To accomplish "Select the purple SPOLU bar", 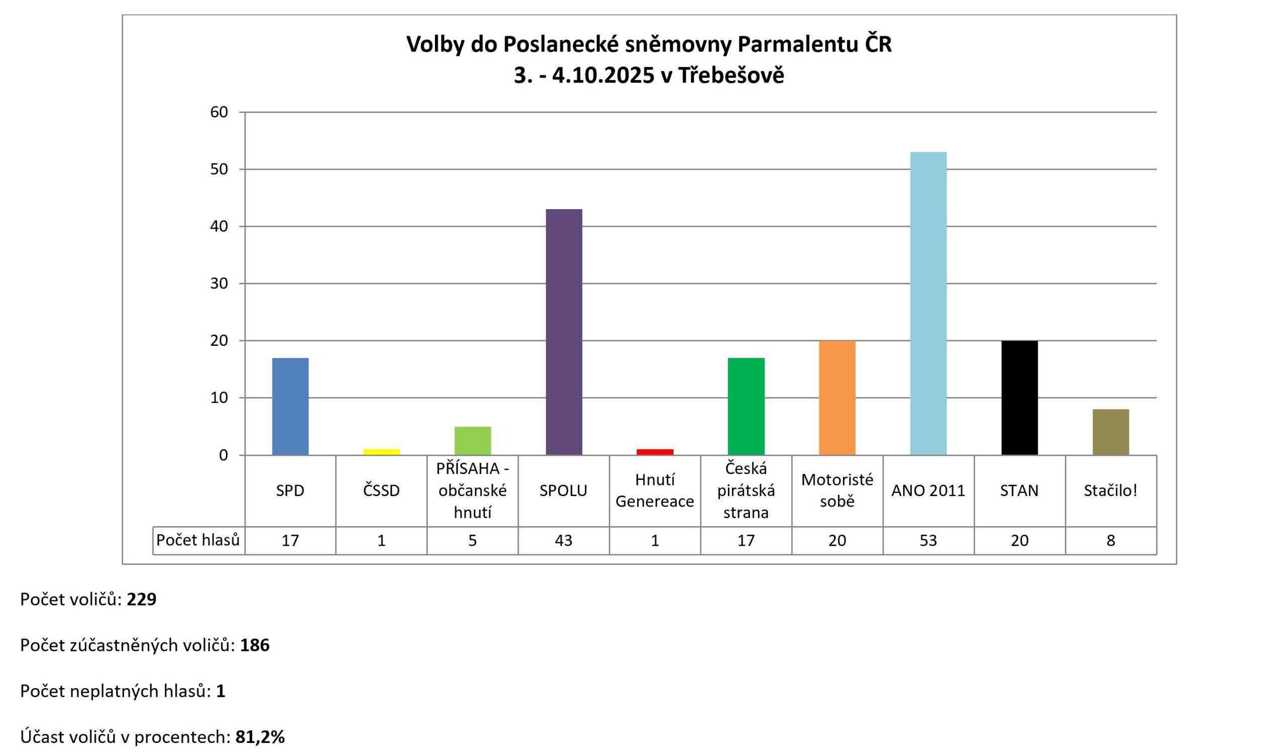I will tap(564, 332).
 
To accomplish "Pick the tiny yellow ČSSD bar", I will tap(381, 452).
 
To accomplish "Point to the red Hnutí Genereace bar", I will tap(655, 452).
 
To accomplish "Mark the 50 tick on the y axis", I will tap(219, 169).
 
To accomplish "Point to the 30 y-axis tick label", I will tap(219, 283).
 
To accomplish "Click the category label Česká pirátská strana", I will tap(746, 491).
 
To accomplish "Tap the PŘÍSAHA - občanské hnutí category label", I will tap(473, 491).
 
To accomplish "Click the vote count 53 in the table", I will tap(928, 540).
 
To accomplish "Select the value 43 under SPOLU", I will tap(564, 540).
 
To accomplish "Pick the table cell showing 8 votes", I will tap(1111, 540).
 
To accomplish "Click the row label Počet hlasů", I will tap(198, 540).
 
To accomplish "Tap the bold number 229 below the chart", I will tap(141, 599).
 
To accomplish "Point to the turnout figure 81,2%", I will tap(260, 737).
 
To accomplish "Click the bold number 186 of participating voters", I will tap(255, 645).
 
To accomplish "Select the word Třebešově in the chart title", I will tap(730, 75).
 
